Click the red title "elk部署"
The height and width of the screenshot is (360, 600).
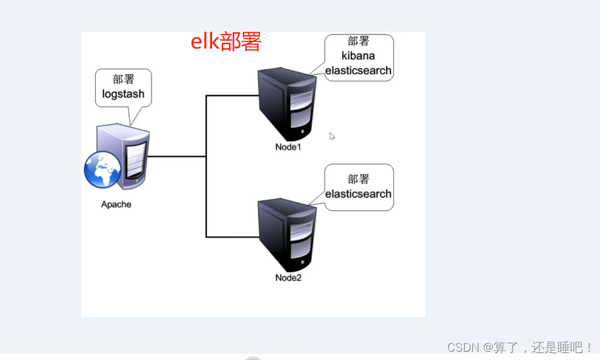226,42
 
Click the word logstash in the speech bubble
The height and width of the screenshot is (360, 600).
123,94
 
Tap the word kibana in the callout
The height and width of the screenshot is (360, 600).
358,56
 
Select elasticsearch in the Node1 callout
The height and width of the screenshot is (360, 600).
358,70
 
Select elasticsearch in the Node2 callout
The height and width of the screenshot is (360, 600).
358,194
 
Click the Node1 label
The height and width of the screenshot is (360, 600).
288,147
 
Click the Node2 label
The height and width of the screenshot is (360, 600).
288,278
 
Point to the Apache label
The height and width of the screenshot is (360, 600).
116,205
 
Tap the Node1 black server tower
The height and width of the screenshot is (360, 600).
288,106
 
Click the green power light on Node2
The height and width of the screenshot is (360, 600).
304,263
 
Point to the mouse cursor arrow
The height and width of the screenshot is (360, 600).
332,136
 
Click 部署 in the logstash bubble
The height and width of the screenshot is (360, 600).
123,79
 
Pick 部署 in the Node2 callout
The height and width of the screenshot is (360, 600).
358,180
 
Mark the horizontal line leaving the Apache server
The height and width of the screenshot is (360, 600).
178,156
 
